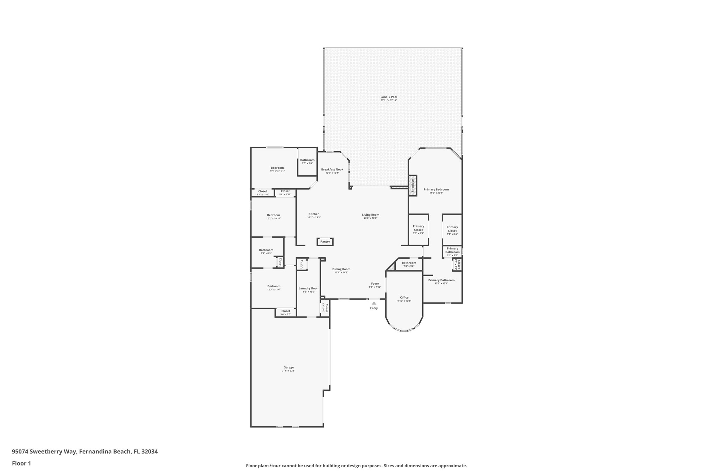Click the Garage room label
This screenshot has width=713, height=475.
click(289, 367)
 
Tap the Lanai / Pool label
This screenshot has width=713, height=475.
click(389, 97)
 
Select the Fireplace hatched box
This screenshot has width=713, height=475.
click(413, 186)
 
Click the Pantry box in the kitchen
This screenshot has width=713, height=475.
click(325, 242)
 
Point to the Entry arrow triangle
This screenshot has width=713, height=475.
click(374, 303)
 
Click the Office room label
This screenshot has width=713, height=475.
click(404, 298)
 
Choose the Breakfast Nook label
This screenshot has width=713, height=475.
click(332, 169)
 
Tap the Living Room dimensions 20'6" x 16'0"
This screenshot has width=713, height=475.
click(371, 218)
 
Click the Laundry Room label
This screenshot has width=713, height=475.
click(309, 288)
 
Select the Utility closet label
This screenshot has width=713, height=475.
click(302, 264)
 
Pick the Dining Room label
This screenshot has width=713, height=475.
click(341, 269)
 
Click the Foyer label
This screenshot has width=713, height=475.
click(375, 284)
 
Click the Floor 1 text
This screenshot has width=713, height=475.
click(21, 463)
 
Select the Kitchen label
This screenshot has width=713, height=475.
click(314, 214)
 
